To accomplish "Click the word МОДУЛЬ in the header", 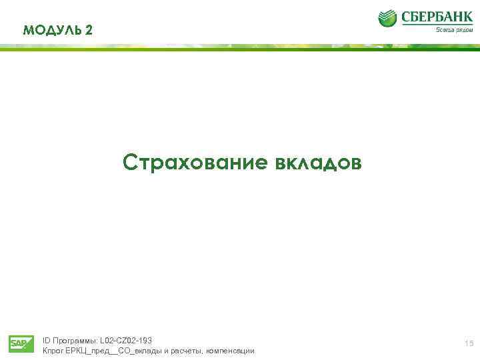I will click(52, 30).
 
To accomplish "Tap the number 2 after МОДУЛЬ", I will click(90, 30).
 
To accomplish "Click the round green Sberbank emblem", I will click(387, 18).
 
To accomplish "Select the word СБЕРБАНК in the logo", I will click(437, 17).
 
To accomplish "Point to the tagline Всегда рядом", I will click(455, 30).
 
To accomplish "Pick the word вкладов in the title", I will click(317, 163).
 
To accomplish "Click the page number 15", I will click(469, 343).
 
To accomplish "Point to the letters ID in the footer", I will click(46, 341).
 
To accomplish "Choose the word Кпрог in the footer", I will click(53, 351).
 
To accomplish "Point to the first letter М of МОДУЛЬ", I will click(28, 30).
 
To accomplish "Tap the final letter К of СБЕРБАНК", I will click(468, 17).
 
